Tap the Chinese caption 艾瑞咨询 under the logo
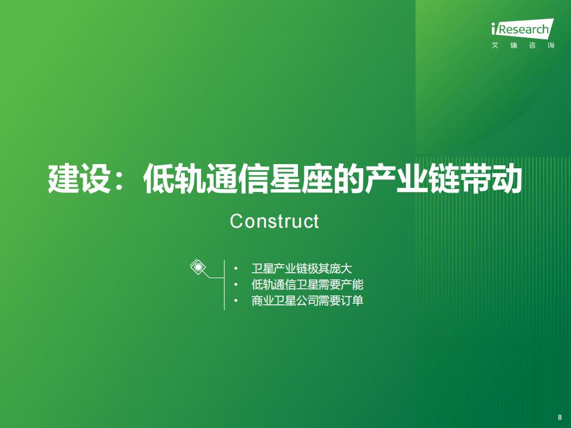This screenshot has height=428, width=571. (x=523, y=46)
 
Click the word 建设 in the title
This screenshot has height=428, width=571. (x=79, y=179)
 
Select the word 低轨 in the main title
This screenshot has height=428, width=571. (x=175, y=179)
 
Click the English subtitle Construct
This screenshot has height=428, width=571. (x=275, y=221)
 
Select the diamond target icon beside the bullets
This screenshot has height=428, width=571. (x=198, y=267)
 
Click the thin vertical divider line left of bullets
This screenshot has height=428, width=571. (x=224, y=285)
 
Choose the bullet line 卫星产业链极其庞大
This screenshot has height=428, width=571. (x=302, y=269)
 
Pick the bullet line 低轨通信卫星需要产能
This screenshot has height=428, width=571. (x=308, y=285)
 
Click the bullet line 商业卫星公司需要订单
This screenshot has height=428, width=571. (x=308, y=301)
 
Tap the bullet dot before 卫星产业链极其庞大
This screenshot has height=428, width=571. (x=236, y=269)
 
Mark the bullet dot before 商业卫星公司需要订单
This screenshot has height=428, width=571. (x=236, y=301)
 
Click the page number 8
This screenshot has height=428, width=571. (x=560, y=417)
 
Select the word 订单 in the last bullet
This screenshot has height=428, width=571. (x=352, y=301)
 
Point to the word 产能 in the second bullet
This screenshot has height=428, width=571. (x=352, y=285)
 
